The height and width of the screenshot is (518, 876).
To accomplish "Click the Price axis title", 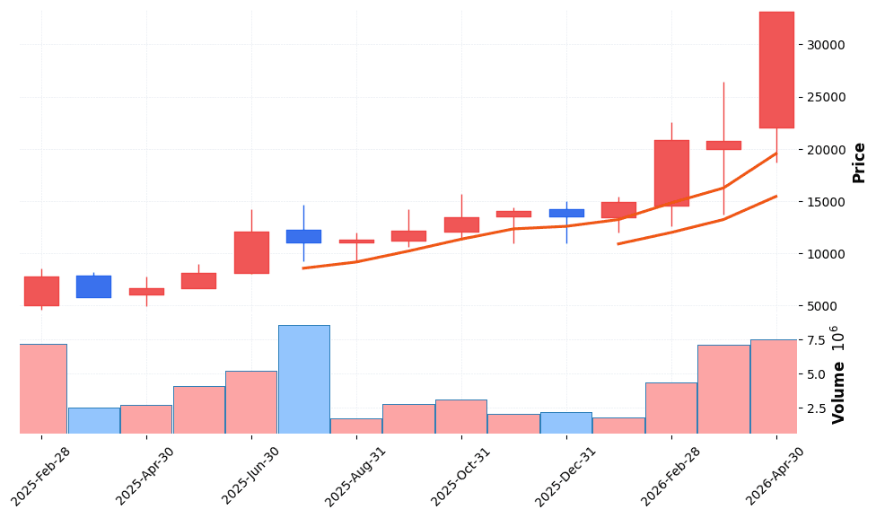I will pyautogui.click(x=859, y=162).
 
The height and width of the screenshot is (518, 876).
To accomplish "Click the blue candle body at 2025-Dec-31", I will pyautogui.click(x=566, y=213).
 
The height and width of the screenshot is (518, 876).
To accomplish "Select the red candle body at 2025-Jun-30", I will pyautogui.click(x=251, y=252).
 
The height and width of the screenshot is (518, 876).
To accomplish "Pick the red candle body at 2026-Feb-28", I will pyautogui.click(x=671, y=173).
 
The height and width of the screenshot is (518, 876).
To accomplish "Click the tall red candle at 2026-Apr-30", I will pyautogui.click(x=776, y=70).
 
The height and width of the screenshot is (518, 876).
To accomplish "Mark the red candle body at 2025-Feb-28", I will pyautogui.click(x=41, y=291).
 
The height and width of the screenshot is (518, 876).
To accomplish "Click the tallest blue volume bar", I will pyautogui.click(x=303, y=379).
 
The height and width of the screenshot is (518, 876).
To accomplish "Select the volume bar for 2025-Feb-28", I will pyautogui.click(x=41, y=388).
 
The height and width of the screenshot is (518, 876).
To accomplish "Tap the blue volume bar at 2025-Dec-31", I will pyautogui.click(x=566, y=422).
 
